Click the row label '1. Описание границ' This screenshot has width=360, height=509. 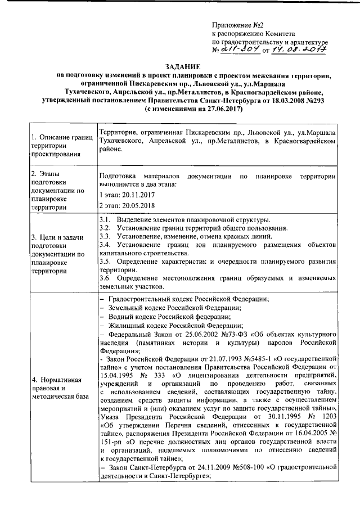(x=61, y=137)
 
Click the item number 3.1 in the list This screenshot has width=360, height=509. (x=104, y=219)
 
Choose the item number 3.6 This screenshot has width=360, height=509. (x=104, y=278)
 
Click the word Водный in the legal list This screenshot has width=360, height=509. (x=120, y=316)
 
